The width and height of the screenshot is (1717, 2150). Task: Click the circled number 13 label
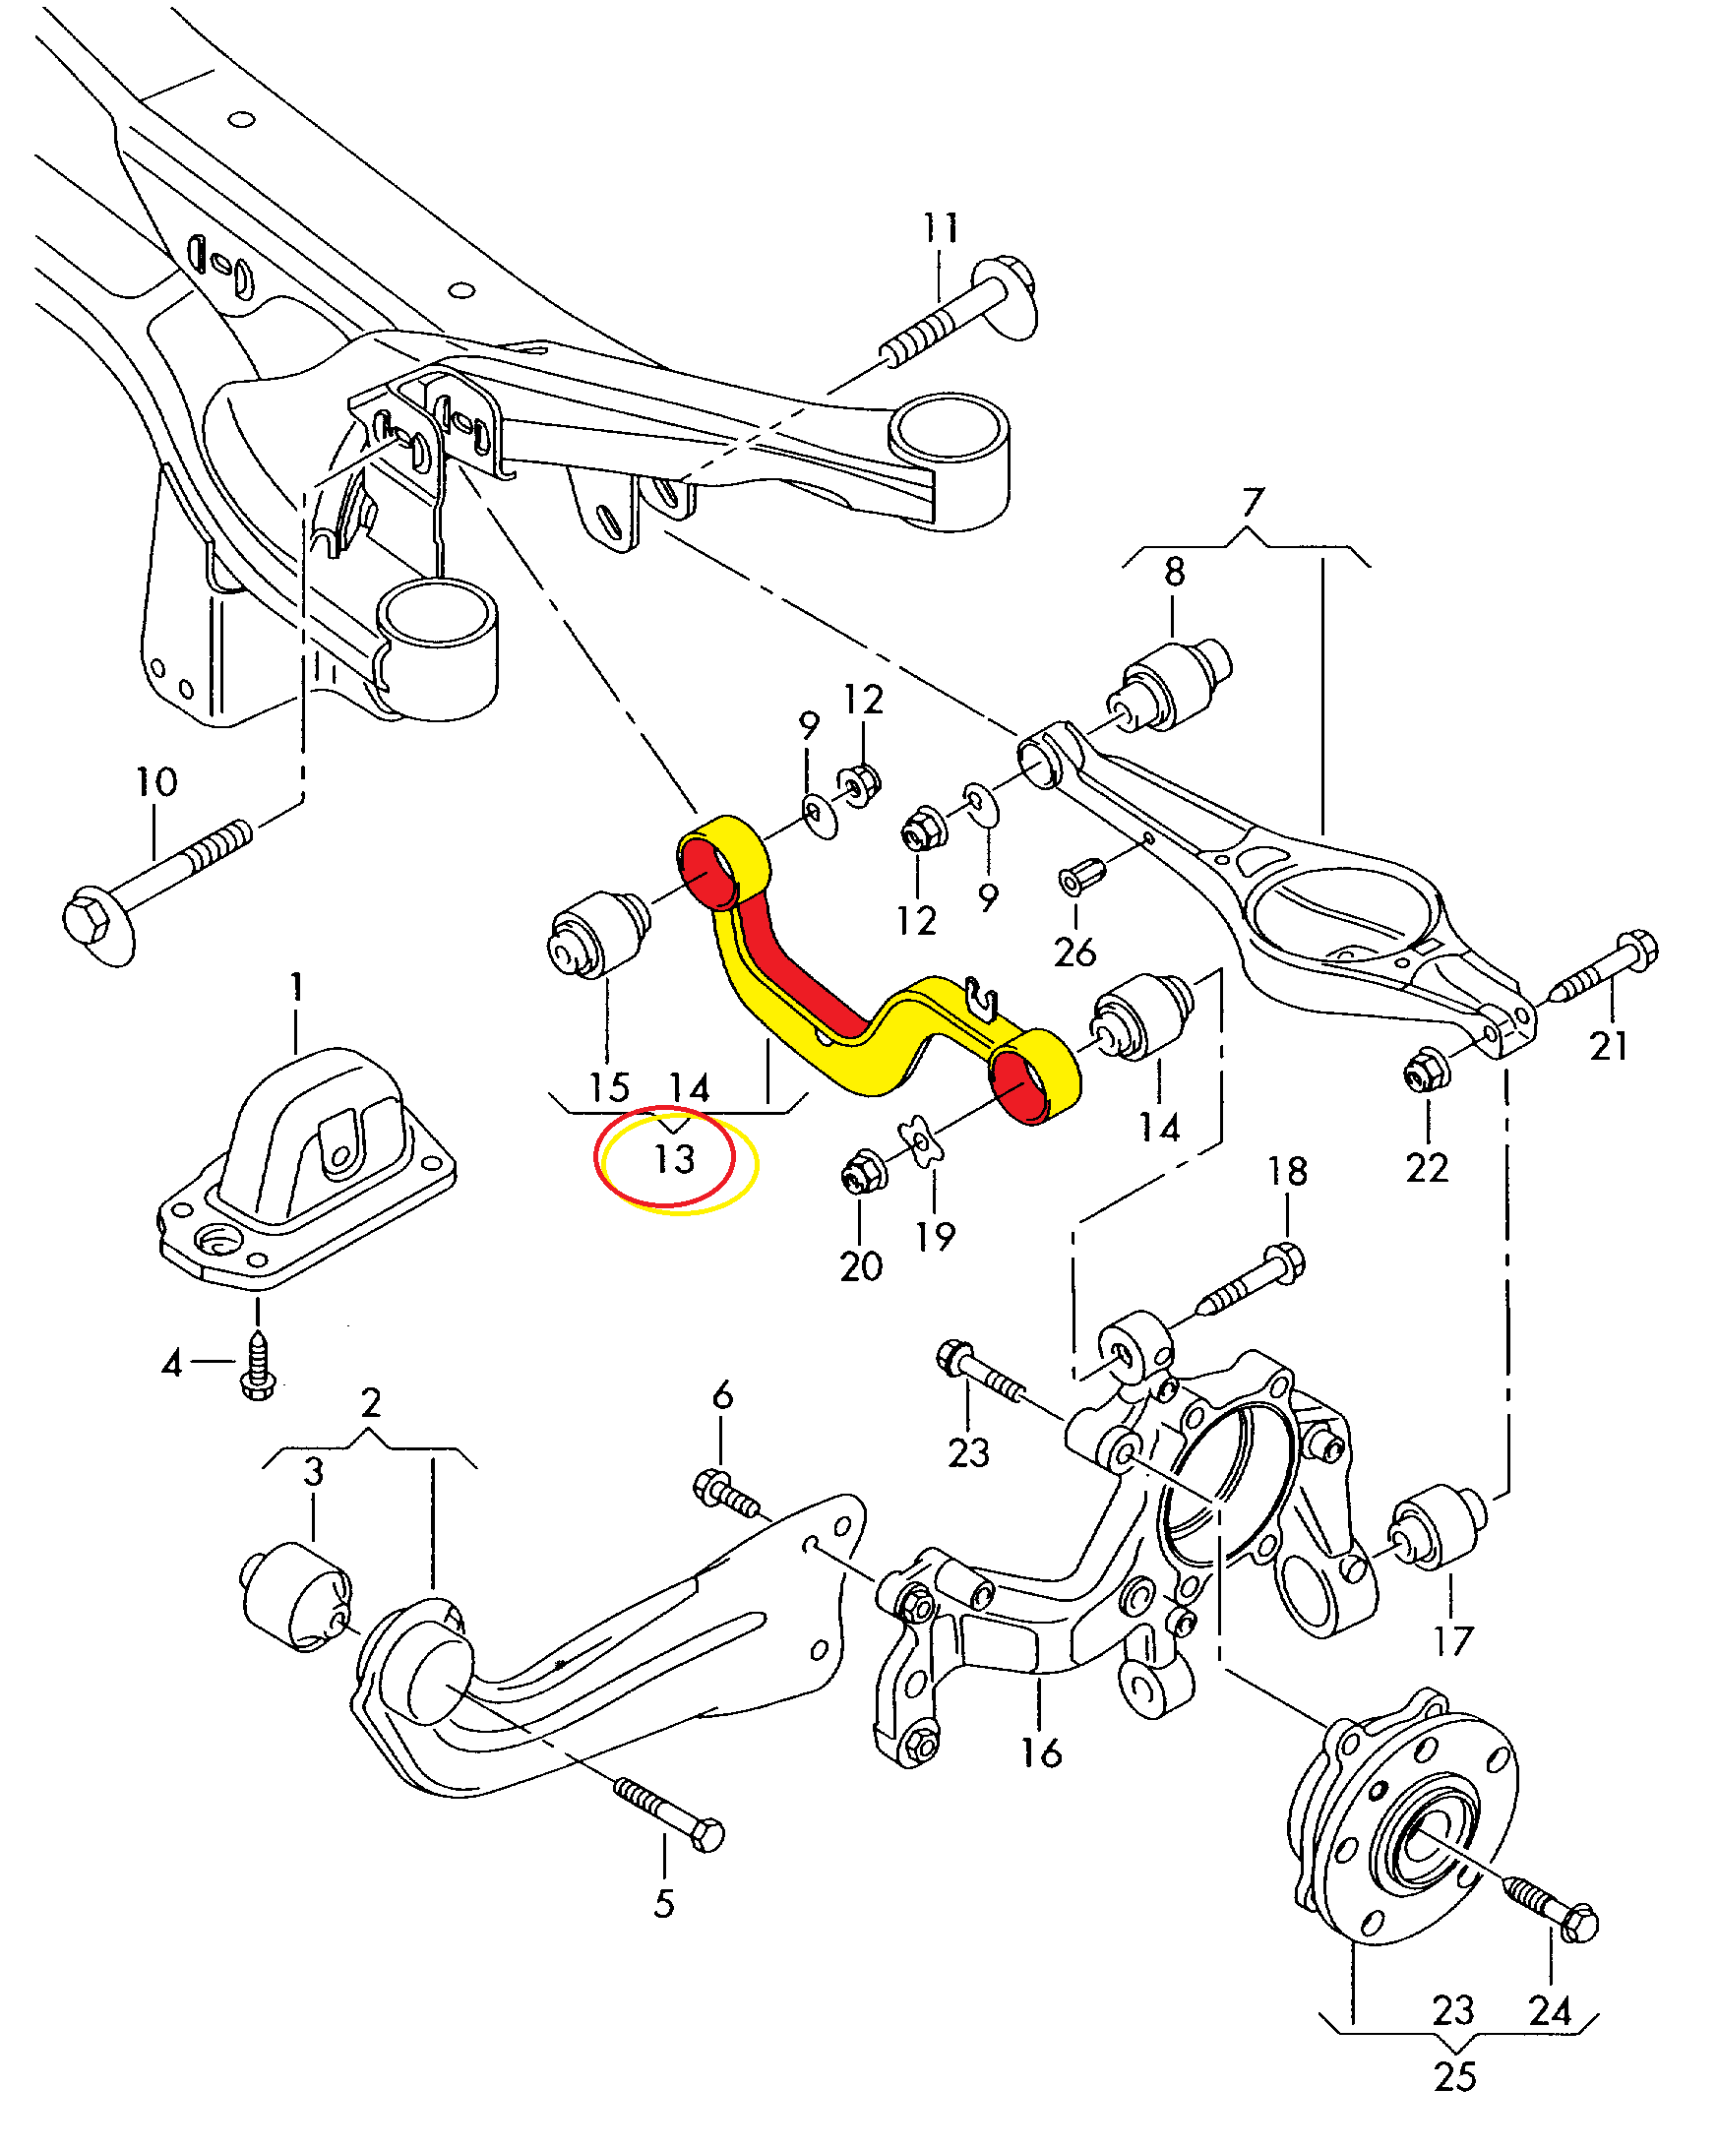[x=673, y=1159]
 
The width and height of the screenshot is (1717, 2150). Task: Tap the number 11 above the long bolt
[x=940, y=228]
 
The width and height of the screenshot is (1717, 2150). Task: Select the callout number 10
[x=156, y=782]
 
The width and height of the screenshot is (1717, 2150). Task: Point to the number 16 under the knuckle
[x=1041, y=1752]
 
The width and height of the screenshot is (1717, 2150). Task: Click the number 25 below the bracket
[x=1454, y=2076]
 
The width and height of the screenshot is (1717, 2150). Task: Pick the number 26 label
[x=1074, y=952]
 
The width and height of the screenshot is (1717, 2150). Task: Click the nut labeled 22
[x=1426, y=1072]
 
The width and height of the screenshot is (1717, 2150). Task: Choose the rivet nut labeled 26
[x=1080, y=877]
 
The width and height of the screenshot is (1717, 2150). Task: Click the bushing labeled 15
[x=598, y=934]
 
